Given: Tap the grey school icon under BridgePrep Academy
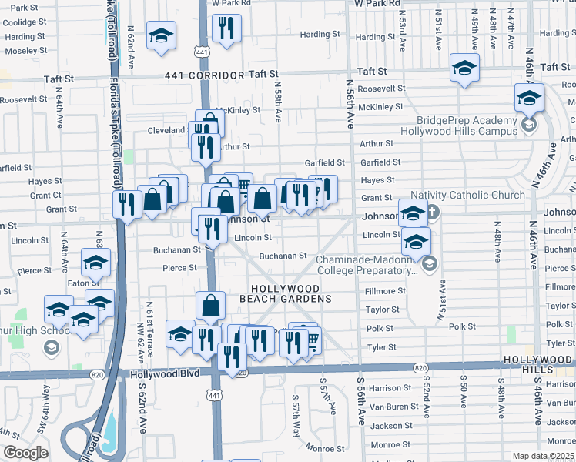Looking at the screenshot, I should (528, 124).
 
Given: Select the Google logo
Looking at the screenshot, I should (25, 453).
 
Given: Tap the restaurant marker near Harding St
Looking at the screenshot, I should (225, 30).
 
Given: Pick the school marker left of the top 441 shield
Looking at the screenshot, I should (161, 36).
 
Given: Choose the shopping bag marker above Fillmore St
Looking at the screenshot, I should (210, 306).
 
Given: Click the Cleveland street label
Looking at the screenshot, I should (166, 131).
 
